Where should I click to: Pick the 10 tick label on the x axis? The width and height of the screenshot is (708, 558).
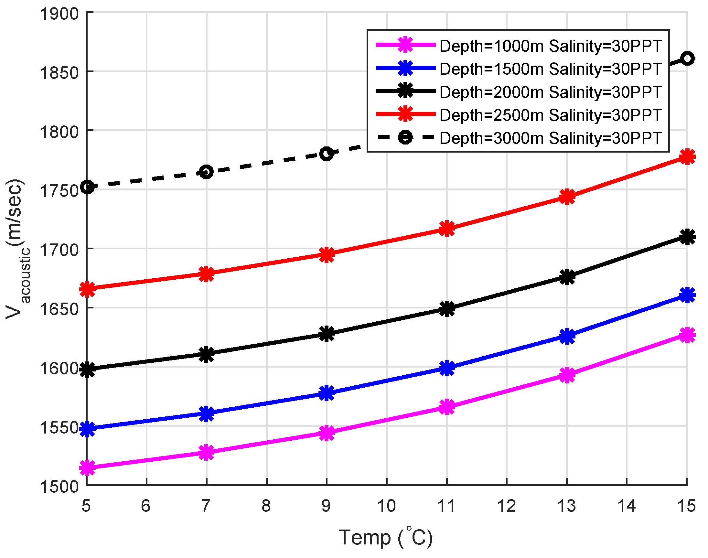386,506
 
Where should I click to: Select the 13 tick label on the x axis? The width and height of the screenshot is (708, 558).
566,506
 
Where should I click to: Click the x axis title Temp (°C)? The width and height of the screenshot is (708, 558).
386,537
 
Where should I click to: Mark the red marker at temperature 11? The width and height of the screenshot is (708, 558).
447,228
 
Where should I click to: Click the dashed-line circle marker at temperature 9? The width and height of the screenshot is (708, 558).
327,154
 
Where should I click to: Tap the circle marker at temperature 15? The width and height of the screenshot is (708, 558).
687,59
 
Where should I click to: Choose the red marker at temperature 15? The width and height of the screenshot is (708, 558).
687,157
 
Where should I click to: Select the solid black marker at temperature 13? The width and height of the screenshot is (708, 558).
567,277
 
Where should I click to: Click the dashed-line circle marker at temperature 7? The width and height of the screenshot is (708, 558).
206,172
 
